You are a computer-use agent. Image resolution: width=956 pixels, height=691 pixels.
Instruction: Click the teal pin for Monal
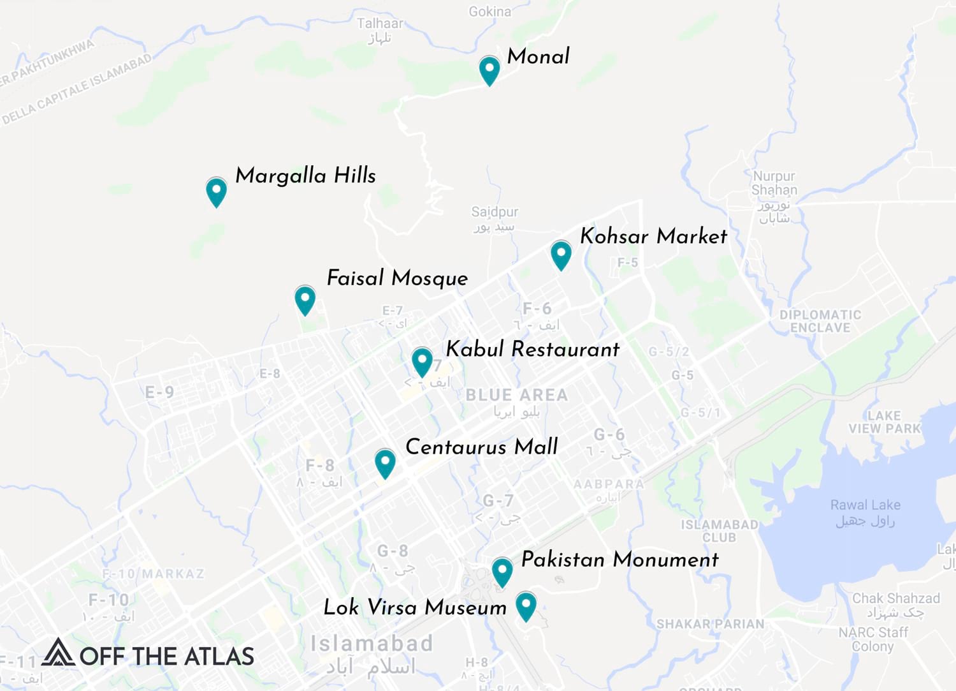pos(489,69)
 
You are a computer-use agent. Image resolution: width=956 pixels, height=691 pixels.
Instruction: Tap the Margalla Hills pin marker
pos(217,191)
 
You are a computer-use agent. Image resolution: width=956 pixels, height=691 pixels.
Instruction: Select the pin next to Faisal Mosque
pos(305,299)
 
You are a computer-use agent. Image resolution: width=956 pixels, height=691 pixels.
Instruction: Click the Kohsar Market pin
pos(561,254)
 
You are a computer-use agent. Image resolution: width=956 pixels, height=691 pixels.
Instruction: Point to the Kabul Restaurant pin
pos(422,361)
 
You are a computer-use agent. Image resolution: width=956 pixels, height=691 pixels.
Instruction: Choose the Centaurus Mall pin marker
pos(385,462)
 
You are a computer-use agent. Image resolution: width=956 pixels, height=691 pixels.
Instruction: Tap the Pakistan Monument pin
pos(502,571)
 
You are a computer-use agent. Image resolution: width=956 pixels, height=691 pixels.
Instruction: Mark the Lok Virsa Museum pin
pos(526,605)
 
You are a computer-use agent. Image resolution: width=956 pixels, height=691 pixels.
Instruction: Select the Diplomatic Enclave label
pos(820,321)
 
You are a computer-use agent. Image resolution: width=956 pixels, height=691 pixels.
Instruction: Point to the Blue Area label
pos(516,396)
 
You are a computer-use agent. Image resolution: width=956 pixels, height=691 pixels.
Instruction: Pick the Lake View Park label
pos(885,422)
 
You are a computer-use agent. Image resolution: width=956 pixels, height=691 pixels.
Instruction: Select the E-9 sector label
pos(159,392)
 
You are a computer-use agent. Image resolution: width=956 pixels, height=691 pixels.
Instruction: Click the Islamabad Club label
pos(720,531)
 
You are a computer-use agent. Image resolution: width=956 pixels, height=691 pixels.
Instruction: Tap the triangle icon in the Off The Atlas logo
pos(58,652)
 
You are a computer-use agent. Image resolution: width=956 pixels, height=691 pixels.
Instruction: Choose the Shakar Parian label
pos(710,623)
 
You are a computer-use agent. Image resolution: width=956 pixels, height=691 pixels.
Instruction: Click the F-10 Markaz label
pos(154,574)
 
